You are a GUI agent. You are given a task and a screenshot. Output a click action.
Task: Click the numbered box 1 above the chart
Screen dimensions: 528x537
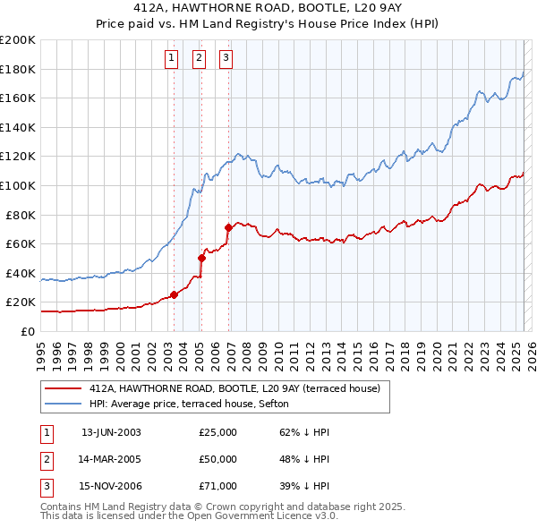click(x=171, y=59)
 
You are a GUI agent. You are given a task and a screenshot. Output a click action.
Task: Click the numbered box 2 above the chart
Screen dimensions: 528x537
click(x=199, y=59)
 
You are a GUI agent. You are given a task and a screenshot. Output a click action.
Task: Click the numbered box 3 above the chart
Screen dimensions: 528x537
click(x=226, y=59)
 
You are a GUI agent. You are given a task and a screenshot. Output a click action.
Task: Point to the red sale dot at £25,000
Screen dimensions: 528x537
click(x=174, y=294)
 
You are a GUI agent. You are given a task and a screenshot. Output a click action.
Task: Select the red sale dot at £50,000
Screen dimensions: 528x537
click(x=201, y=259)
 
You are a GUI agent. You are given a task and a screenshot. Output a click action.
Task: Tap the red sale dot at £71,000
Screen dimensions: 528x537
click(x=228, y=227)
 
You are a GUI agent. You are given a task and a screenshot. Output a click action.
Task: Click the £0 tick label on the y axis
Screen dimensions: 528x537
click(x=27, y=331)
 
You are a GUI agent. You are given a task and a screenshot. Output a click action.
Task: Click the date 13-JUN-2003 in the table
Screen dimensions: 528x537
click(x=111, y=432)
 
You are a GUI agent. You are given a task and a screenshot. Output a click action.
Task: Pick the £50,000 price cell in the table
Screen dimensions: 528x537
click(x=217, y=459)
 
